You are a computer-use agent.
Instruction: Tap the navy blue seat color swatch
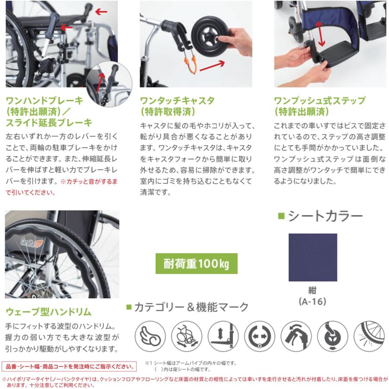[x=312, y=257]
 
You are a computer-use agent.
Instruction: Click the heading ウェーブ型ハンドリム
[x=48, y=312]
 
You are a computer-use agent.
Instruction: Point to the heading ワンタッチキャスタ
[x=177, y=101]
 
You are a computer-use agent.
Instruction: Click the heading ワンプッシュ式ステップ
[x=320, y=101]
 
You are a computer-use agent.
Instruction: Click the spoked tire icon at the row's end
[x=369, y=336]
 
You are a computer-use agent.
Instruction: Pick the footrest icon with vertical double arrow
[x=223, y=336]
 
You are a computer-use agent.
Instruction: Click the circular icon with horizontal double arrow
[x=259, y=336]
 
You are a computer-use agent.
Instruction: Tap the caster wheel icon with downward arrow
[x=332, y=336]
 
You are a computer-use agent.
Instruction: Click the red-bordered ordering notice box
[x=68, y=367]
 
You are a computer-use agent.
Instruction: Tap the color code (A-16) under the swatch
[x=312, y=301]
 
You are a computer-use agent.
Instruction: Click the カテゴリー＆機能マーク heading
[x=188, y=307]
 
